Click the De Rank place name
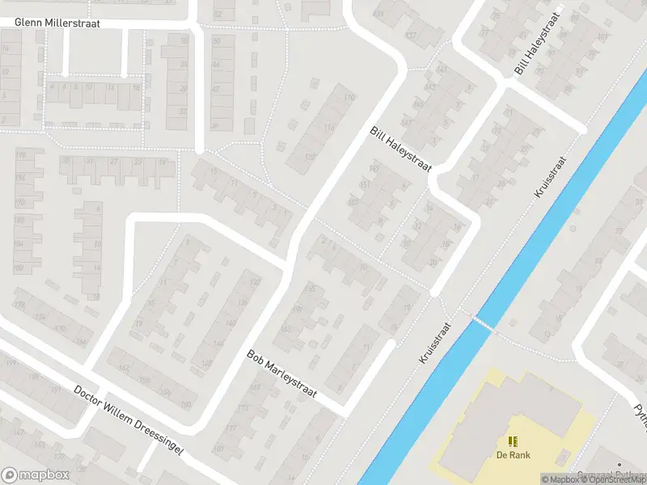pyautogui.click(x=512, y=454)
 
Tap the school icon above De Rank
pyautogui.click(x=512, y=441)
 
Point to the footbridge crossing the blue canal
pyautogui.click(x=483, y=323)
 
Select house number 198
pyautogui.click(x=20, y=154)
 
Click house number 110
pyautogui.click(x=350, y=98)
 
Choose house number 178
pyautogui.click(x=19, y=305)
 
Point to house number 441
pyautogui.click(x=441, y=70)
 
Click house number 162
pyautogui.click(x=124, y=367)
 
